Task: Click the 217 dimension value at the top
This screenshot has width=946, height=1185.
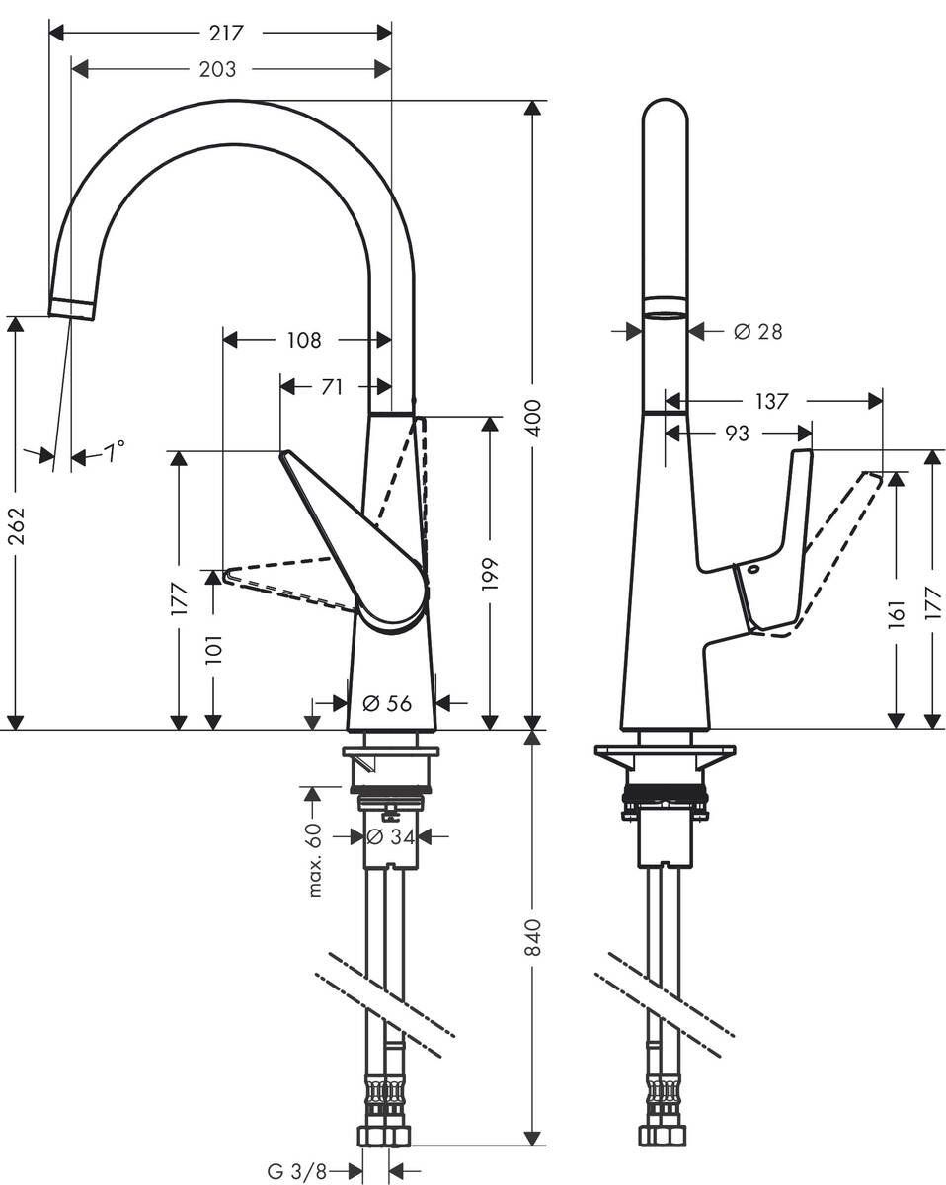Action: [227, 33]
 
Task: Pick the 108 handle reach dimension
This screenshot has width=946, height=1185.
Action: [303, 340]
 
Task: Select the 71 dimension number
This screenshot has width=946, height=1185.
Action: [332, 387]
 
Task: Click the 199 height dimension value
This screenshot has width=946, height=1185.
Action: [491, 574]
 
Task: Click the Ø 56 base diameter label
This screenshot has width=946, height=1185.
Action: [386, 703]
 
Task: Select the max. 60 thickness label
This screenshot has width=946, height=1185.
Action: [315, 859]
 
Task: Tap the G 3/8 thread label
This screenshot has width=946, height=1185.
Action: [297, 1171]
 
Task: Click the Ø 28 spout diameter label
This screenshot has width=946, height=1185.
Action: [757, 332]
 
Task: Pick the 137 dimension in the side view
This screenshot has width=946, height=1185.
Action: [771, 401]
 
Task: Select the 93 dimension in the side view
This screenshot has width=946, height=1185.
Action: [737, 434]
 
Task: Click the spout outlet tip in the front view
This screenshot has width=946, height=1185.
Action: [72, 307]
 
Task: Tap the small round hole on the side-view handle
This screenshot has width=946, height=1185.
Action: [750, 570]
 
